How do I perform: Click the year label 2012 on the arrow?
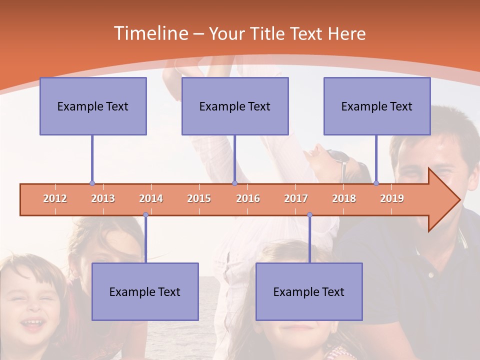55,199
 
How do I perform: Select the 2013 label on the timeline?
103,199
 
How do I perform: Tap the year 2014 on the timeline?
151,199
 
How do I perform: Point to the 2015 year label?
199,199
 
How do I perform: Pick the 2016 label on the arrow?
248,199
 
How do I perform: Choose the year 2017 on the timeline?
296,199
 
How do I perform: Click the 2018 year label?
344,199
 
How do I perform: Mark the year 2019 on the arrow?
392,199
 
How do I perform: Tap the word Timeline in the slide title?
150,33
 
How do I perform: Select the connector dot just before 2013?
92,183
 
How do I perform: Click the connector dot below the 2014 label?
145,215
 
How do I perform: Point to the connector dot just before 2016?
234,183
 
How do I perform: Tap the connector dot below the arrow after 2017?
309,215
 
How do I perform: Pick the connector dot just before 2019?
376,183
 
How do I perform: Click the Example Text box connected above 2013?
93,106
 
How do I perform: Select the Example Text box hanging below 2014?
145,291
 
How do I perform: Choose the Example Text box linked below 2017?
309,291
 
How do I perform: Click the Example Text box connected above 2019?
377,106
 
